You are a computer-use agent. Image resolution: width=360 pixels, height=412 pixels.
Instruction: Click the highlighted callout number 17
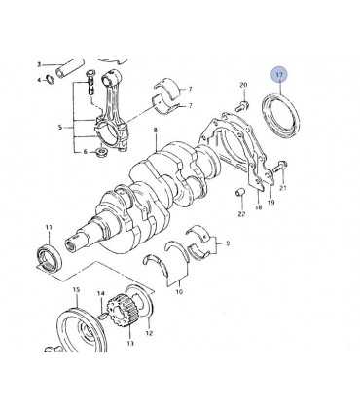279,75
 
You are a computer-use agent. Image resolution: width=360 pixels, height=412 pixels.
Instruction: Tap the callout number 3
39,65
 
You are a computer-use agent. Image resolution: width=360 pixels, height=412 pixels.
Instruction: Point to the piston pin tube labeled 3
70,69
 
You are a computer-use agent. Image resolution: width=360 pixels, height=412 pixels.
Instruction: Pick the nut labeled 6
103,152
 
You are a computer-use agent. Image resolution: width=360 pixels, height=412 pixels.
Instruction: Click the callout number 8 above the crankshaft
156,131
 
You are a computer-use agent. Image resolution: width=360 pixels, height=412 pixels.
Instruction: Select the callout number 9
228,243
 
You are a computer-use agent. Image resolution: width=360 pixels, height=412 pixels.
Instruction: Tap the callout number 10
179,292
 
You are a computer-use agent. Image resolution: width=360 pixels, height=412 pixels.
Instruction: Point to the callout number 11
49,228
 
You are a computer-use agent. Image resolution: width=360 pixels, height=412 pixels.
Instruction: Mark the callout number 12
150,333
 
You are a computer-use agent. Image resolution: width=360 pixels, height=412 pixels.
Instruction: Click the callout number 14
101,293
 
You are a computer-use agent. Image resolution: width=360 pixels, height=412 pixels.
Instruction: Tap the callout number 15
76,290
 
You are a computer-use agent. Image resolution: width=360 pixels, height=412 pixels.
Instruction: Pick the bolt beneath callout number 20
242,105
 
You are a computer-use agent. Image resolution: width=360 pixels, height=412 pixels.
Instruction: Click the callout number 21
283,188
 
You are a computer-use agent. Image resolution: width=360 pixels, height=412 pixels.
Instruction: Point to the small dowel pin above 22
240,192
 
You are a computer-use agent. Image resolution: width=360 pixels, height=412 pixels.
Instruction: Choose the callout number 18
258,206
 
